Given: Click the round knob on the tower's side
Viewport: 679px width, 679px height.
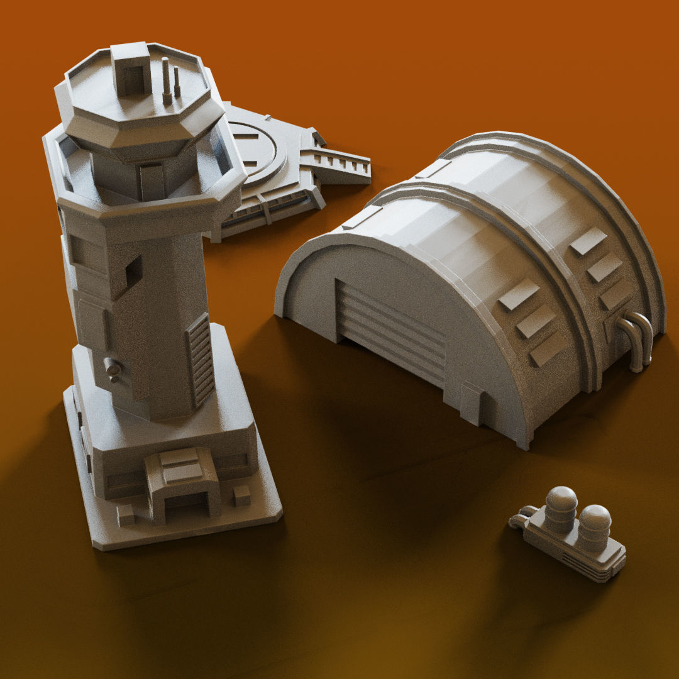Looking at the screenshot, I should point(113,367).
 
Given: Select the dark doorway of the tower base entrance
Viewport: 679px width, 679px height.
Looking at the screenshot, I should point(185,503).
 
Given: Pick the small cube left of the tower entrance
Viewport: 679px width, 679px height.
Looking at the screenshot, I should point(126,516).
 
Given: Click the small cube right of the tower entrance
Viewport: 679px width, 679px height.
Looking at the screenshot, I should point(242,495).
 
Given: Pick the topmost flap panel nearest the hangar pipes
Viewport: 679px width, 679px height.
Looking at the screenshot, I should point(588,241).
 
